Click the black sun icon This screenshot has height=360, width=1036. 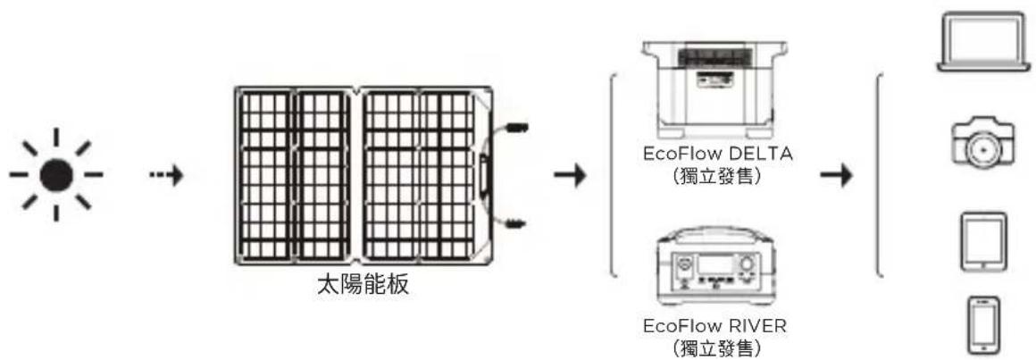point(55,174)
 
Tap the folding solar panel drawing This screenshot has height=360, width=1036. point(357,175)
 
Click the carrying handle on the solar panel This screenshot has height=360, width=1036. point(485,175)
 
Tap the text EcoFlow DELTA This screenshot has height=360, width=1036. point(716,154)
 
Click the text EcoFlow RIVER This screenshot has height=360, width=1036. point(716,324)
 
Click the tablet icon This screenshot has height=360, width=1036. point(982,240)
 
